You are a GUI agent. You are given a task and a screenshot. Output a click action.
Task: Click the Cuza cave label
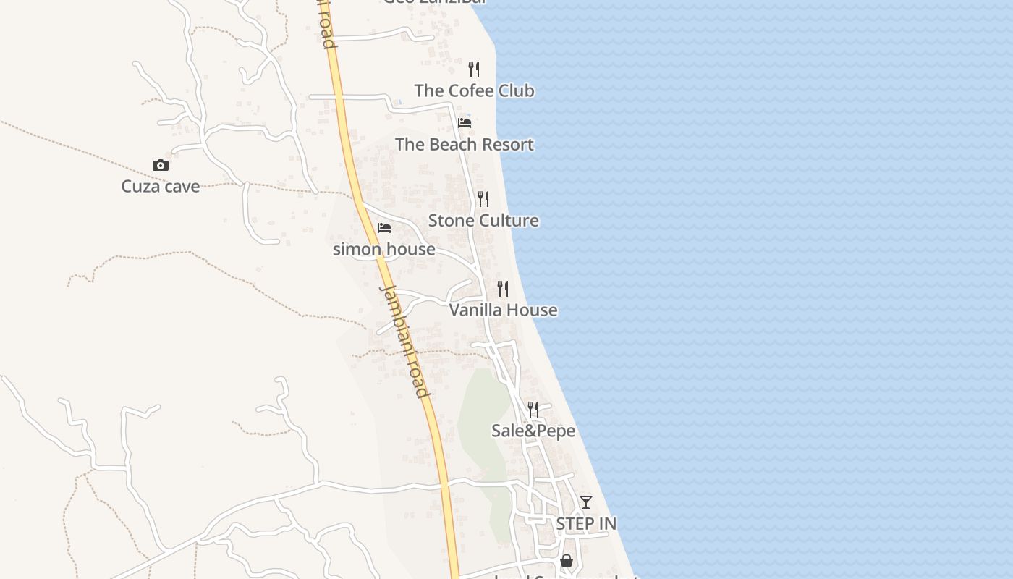[160, 186]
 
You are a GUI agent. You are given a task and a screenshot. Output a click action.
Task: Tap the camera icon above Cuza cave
[161, 166]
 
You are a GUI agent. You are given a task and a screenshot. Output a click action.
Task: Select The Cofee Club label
[474, 90]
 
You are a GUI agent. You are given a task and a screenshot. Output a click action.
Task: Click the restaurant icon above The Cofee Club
[474, 69]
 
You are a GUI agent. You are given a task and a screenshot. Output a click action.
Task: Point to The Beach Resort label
[464, 144]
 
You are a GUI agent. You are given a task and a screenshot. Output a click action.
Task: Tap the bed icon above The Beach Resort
[465, 123]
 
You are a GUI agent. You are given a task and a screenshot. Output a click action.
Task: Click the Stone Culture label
[483, 220]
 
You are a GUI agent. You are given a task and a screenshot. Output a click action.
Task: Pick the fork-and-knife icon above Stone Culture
[483, 199]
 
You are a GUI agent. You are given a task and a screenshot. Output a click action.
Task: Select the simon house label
[383, 249]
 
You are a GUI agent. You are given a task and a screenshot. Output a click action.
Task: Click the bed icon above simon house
[384, 228]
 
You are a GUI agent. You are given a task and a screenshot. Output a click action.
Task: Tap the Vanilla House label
[503, 310]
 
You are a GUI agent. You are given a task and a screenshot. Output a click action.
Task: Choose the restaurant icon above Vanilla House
[503, 289]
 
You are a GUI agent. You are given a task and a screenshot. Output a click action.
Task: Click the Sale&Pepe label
[533, 431]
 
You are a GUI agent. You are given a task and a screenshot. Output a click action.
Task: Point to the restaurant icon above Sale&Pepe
[533, 410]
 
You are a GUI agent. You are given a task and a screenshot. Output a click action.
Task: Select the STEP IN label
[586, 523]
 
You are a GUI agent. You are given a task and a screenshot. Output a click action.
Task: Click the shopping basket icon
[567, 561]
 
